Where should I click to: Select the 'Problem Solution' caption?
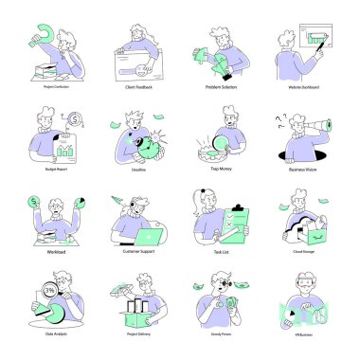221,85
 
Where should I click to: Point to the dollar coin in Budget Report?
74,120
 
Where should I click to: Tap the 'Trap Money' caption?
221,169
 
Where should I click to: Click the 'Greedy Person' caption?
221,334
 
